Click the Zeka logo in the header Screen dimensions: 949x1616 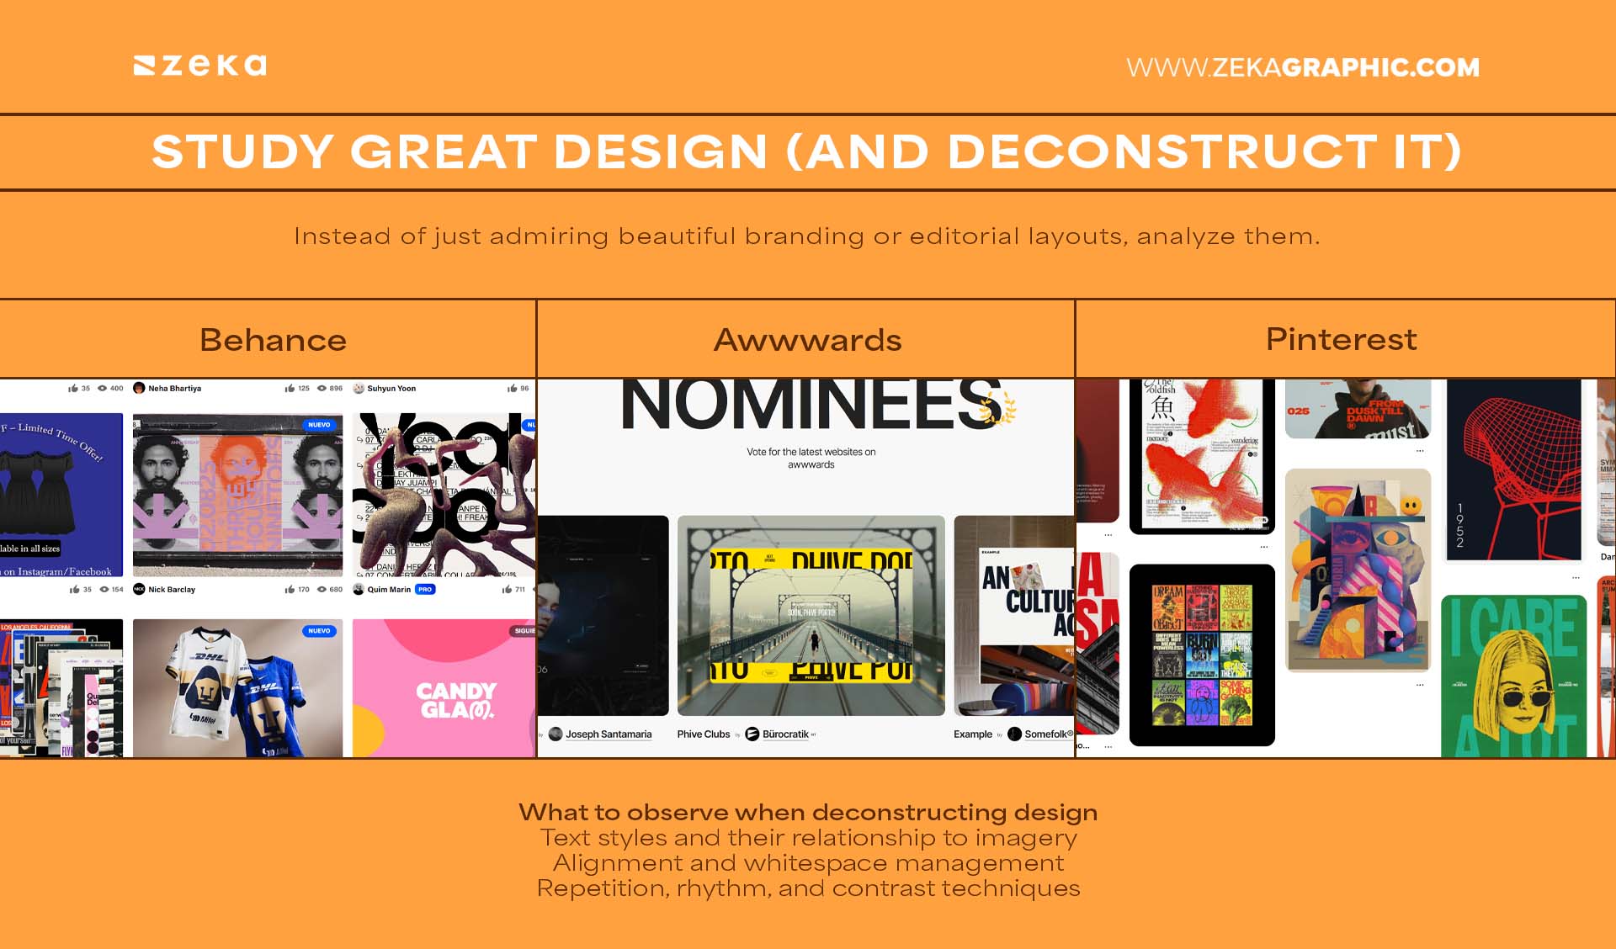tap(200, 66)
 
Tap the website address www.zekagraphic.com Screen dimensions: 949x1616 tap(1302, 67)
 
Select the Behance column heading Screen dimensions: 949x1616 tap(273, 340)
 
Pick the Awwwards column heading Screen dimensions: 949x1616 tap(807, 340)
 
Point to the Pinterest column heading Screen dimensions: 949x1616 tap(1341, 339)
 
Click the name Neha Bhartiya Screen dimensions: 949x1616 tap(174, 389)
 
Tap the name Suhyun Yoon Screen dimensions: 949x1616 tap(391, 389)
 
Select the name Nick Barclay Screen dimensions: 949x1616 tap(172, 590)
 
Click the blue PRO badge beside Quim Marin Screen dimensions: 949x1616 tap(425, 590)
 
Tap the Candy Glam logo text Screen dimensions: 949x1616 tap(456, 700)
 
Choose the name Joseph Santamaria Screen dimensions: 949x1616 tap(609, 734)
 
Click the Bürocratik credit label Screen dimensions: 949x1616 tap(785, 734)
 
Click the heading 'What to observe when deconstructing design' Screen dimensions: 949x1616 tap(808, 812)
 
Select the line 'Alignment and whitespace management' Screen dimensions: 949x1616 tap(808, 863)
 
